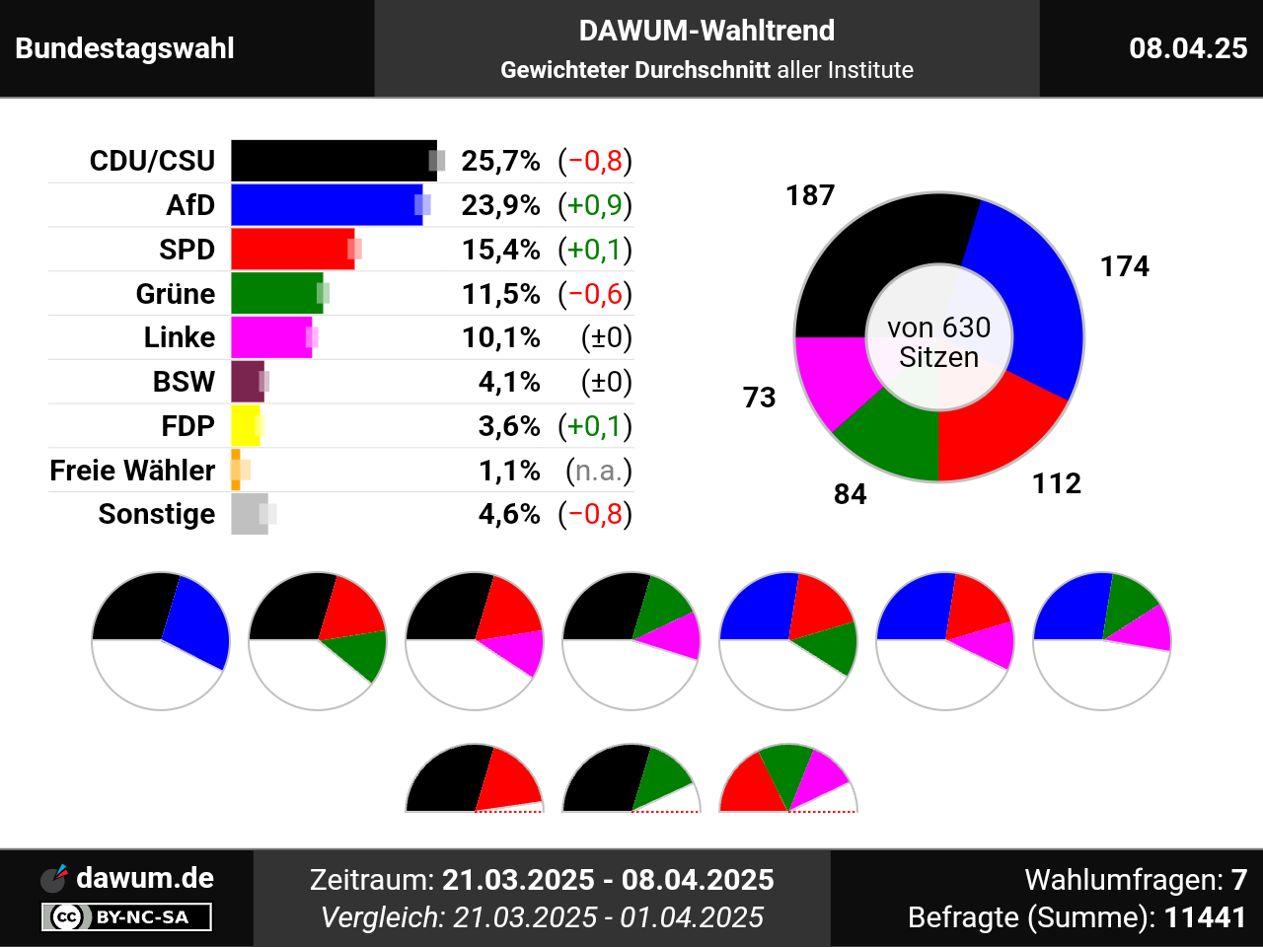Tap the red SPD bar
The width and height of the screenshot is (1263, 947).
pyautogui.click(x=291, y=250)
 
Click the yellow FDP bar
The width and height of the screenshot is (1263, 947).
pyautogui.click(x=245, y=426)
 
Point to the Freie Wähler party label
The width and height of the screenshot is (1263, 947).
pyautogui.click(x=132, y=471)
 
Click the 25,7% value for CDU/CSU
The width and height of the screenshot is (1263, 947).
pyautogui.click(x=500, y=161)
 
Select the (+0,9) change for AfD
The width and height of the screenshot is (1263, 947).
pyautogui.click(x=594, y=205)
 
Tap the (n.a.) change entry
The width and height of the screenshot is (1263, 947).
pyautogui.click(x=598, y=471)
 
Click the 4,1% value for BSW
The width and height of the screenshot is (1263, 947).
pyautogui.click(x=509, y=382)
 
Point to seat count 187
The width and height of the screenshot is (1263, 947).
pyautogui.click(x=810, y=195)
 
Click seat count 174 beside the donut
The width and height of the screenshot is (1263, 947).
pyautogui.click(x=1125, y=266)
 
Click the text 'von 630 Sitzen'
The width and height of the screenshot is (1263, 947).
pyautogui.click(x=938, y=342)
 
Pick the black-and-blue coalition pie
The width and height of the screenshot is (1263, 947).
pyautogui.click(x=161, y=640)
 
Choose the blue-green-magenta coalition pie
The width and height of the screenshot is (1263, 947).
pyautogui.click(x=1101, y=640)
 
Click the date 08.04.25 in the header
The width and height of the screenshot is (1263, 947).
pyautogui.click(x=1188, y=48)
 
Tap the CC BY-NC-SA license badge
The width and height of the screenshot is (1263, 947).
pyautogui.click(x=126, y=917)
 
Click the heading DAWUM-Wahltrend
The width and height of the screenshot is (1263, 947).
pyautogui.click(x=706, y=31)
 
